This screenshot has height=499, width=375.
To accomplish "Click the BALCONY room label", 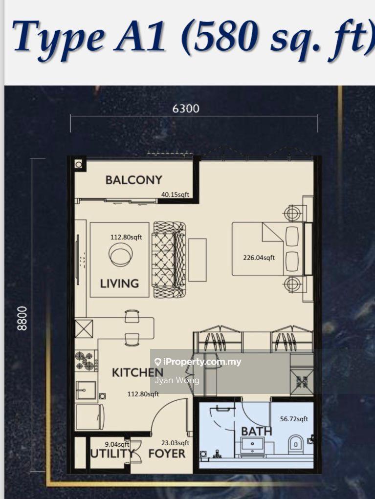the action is (133, 180).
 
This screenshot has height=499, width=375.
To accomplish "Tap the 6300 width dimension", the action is (186, 108).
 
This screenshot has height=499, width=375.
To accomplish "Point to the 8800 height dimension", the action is (22, 318).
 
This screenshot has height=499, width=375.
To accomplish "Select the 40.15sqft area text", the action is (175, 195).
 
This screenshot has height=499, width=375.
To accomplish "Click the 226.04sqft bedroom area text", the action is (259, 258).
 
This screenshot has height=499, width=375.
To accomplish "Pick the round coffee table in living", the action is (121, 254).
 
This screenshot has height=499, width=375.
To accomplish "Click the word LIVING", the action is (119, 283).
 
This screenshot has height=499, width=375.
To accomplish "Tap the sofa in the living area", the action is (169, 260).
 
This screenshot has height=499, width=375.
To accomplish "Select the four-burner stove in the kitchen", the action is (86, 361).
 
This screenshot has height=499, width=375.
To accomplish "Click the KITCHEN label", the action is (137, 372).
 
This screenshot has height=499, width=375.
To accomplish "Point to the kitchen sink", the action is (86, 390).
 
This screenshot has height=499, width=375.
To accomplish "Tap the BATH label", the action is (257, 432).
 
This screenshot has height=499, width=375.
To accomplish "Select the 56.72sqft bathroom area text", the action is (294, 419).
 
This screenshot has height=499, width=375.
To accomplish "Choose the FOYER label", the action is (167, 454).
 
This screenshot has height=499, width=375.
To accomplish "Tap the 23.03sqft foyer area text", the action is (176, 443).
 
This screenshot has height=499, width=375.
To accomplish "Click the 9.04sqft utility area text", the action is (117, 444).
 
